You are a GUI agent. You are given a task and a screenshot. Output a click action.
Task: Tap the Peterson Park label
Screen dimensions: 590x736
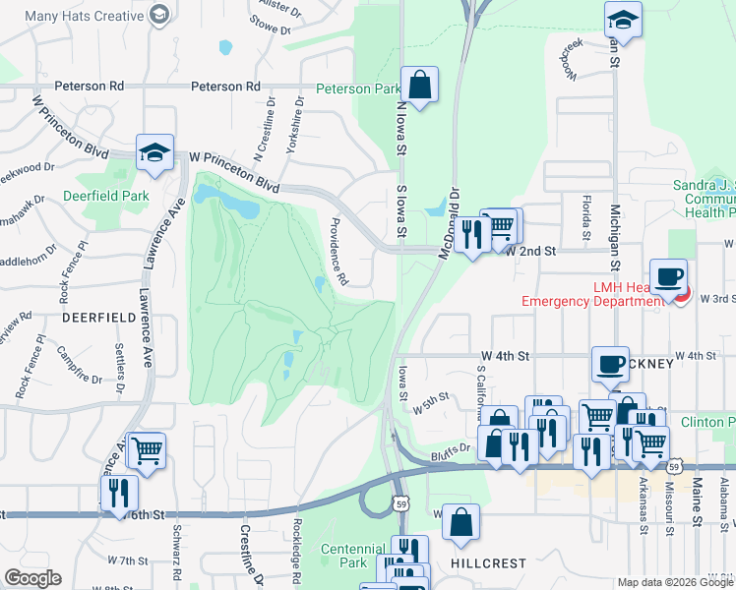pyautogui.click(x=357, y=88)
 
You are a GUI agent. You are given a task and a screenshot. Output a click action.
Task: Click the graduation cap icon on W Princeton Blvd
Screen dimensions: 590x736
pyautogui.click(x=154, y=152)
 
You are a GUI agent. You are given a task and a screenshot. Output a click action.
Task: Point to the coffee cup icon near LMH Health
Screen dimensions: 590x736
pyautogui.click(x=668, y=277)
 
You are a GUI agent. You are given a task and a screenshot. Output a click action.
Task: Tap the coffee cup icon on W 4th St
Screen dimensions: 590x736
pyautogui.click(x=609, y=364)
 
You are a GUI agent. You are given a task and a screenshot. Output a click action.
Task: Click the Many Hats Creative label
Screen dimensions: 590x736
pyautogui.click(x=84, y=16)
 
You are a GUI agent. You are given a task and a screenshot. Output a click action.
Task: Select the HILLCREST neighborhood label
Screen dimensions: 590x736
pyautogui.click(x=488, y=563)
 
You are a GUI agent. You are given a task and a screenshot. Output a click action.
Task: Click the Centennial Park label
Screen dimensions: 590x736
pyautogui.click(x=353, y=557)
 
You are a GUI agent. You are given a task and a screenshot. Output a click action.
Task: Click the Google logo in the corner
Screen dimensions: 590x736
pyautogui.click(x=32, y=578)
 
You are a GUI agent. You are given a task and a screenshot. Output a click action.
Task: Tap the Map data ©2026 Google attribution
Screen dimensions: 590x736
pyautogui.click(x=675, y=582)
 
